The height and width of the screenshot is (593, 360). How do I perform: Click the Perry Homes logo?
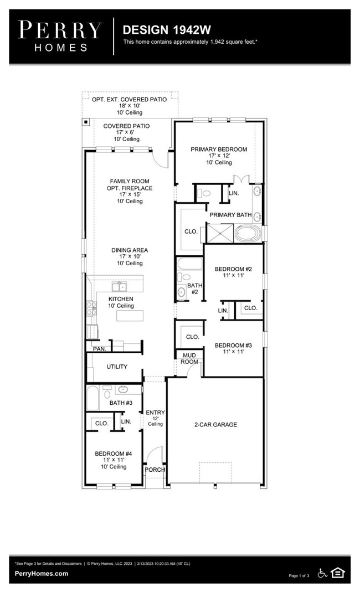pyautogui.click(x=60, y=36)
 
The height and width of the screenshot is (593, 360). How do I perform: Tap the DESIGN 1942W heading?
pyautogui.click(x=167, y=30)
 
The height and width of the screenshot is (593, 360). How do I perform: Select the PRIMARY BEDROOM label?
pyautogui.click(x=219, y=149)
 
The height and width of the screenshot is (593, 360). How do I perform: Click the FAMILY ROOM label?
pyautogui.click(x=130, y=181)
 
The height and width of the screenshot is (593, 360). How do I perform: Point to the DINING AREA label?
pyautogui.click(x=130, y=250)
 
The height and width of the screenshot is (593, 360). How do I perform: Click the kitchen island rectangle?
pyautogui.click(x=130, y=316)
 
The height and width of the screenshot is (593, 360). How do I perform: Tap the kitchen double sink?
pyautogui.click(x=120, y=286)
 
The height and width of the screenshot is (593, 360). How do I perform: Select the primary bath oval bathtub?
pyautogui.click(x=248, y=233)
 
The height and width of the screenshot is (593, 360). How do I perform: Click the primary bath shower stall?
pyautogui.click(x=220, y=233)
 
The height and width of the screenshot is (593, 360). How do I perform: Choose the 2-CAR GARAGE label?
pyautogui.click(x=215, y=425)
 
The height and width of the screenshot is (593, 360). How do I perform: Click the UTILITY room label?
pyautogui.click(x=117, y=367)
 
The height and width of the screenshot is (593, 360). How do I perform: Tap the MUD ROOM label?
pyautogui.click(x=189, y=359)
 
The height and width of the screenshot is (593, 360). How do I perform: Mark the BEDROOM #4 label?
pyautogui.click(x=114, y=453)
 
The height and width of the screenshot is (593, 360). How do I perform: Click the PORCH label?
pyautogui.click(x=155, y=470)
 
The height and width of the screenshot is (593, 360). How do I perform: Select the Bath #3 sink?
pyautogui.click(x=123, y=389)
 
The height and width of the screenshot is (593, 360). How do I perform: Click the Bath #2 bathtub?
pyautogui.click(x=189, y=264)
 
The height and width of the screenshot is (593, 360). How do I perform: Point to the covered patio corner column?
pyautogui.click(x=86, y=122)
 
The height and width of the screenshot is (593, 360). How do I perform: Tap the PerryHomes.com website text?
pyautogui.click(x=42, y=573)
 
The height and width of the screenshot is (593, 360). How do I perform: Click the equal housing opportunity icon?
pyautogui.click(x=337, y=573)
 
